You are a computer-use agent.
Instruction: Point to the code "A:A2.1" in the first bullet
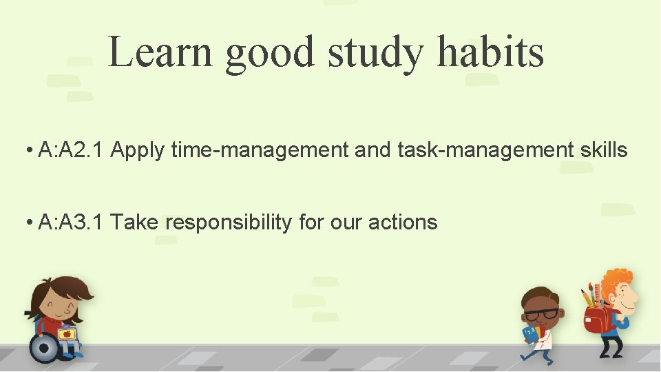tap(71, 149)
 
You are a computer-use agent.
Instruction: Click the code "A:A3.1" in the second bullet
tap(71, 223)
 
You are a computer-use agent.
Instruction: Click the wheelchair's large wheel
tap(45, 348)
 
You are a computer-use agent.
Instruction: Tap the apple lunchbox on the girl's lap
tap(67, 334)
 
